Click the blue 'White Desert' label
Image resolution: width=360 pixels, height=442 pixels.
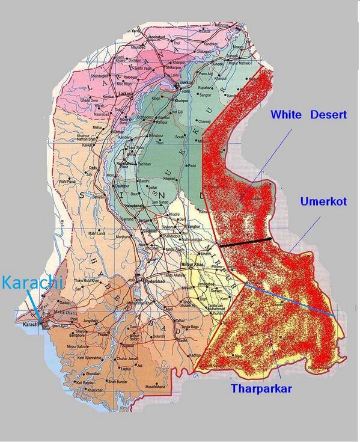click(308, 114)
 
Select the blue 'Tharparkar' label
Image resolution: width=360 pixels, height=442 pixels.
click(261, 388)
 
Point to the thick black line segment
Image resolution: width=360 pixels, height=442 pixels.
click(245, 243)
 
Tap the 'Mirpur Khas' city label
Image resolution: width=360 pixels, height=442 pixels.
click(194, 265)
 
